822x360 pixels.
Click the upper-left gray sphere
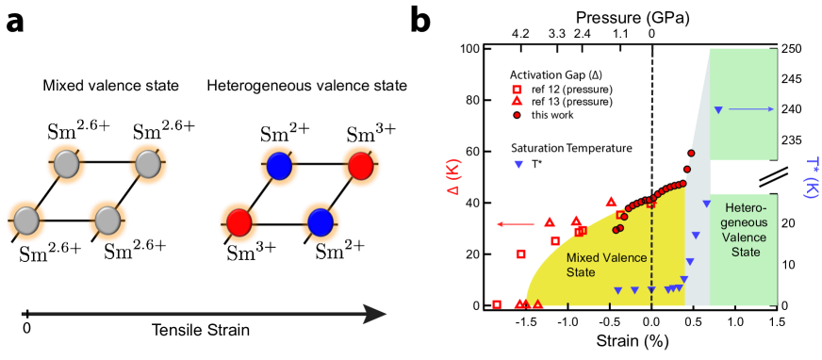click(x=67, y=165)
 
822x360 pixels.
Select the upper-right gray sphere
click(x=148, y=165)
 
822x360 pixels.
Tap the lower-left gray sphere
click(x=26, y=221)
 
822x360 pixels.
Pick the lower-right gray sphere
click(x=107, y=221)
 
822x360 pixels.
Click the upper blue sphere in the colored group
click(x=279, y=167)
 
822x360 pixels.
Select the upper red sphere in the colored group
click(x=361, y=167)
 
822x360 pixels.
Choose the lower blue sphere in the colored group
click(x=321, y=222)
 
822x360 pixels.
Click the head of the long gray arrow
click(x=377, y=314)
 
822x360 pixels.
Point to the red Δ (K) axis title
click(x=452, y=177)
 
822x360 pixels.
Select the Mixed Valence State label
click(x=595, y=265)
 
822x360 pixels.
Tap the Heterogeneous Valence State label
click(x=744, y=229)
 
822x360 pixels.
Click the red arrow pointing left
click(x=514, y=224)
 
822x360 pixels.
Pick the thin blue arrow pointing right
click(x=751, y=109)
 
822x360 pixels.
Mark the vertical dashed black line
click(x=651, y=141)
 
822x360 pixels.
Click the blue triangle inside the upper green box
click(x=718, y=110)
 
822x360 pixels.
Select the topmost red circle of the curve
click(x=691, y=153)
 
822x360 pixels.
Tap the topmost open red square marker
click(x=517, y=90)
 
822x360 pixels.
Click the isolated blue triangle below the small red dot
click(x=518, y=164)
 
